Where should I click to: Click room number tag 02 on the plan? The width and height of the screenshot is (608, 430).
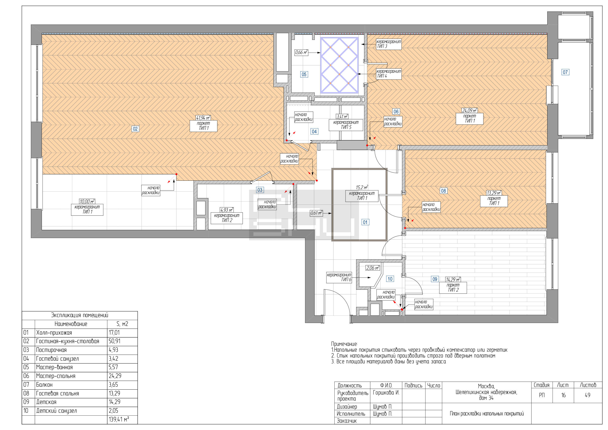135,129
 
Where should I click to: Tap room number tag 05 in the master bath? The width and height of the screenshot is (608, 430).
304,74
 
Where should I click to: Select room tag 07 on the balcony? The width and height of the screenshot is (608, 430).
565,72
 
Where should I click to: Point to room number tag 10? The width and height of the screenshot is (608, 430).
390,279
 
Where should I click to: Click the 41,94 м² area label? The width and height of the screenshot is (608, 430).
203,118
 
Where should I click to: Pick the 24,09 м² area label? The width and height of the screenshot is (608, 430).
470,110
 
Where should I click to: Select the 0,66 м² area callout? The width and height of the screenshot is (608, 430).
301,53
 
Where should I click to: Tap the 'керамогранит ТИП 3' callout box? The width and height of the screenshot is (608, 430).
389,44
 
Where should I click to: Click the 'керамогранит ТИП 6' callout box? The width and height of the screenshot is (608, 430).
339,277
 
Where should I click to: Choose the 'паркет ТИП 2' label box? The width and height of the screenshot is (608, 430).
453,287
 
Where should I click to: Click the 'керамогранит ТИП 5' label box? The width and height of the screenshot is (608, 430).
346,125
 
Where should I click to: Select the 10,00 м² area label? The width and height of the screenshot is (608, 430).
87,201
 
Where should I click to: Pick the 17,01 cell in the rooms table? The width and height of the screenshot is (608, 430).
114,332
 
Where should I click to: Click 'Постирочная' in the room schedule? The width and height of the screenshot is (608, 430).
51,350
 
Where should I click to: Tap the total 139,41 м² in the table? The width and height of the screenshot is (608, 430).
119,419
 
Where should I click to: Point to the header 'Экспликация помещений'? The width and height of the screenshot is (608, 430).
80,315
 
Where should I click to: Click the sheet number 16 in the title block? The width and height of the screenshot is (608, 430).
563,395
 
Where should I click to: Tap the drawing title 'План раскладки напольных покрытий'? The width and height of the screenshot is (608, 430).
487,414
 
